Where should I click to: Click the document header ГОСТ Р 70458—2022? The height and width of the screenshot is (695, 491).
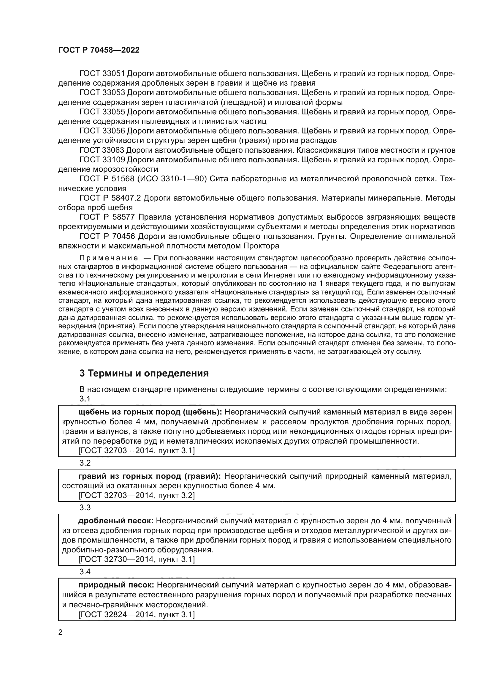point(99,50)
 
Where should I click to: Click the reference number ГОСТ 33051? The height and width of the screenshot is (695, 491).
point(102,74)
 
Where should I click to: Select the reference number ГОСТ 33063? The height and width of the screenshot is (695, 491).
point(102,150)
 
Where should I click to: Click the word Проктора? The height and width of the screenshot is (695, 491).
point(261,246)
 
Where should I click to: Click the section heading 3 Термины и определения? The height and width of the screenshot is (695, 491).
point(144,373)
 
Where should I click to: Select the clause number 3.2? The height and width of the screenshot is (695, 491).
point(85,463)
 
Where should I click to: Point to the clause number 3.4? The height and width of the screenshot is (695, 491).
point(85,572)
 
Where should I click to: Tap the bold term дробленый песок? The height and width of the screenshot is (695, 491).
point(116,521)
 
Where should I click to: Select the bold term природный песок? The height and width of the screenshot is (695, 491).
point(116,584)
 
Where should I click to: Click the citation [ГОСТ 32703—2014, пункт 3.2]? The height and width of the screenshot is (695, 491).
point(136,495)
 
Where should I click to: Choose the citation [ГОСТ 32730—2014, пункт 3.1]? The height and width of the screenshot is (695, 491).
point(136,559)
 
